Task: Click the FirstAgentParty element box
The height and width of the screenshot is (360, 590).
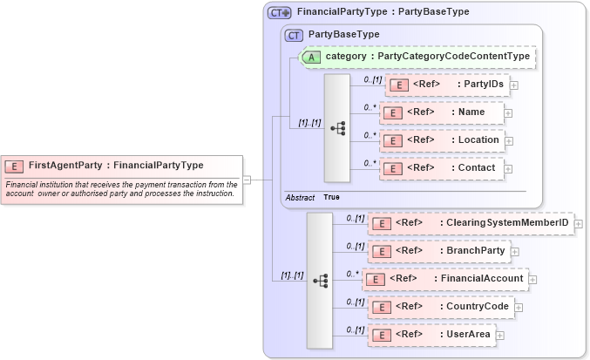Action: (x=122, y=166)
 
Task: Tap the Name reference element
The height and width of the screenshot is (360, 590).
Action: (x=442, y=112)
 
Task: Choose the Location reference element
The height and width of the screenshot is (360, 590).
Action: (x=442, y=140)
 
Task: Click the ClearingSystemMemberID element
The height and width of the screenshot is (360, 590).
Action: (x=471, y=223)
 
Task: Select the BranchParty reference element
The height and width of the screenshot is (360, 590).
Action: (x=439, y=251)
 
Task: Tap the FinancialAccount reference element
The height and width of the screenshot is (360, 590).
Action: (x=445, y=279)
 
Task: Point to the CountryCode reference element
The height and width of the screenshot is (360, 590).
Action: (x=441, y=307)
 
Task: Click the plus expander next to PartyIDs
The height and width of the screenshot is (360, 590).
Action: (x=514, y=85)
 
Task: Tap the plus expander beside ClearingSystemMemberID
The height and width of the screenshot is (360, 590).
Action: (x=579, y=224)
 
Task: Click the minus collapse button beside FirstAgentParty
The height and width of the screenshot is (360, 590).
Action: (x=247, y=180)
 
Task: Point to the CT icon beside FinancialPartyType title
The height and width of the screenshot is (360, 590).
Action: (x=279, y=13)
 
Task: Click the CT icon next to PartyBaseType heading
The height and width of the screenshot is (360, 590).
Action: (x=294, y=35)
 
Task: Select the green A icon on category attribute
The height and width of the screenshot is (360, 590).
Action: (x=311, y=57)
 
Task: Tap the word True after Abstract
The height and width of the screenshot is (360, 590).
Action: (x=331, y=197)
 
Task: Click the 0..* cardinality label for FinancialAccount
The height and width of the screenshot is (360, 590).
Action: (x=352, y=274)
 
